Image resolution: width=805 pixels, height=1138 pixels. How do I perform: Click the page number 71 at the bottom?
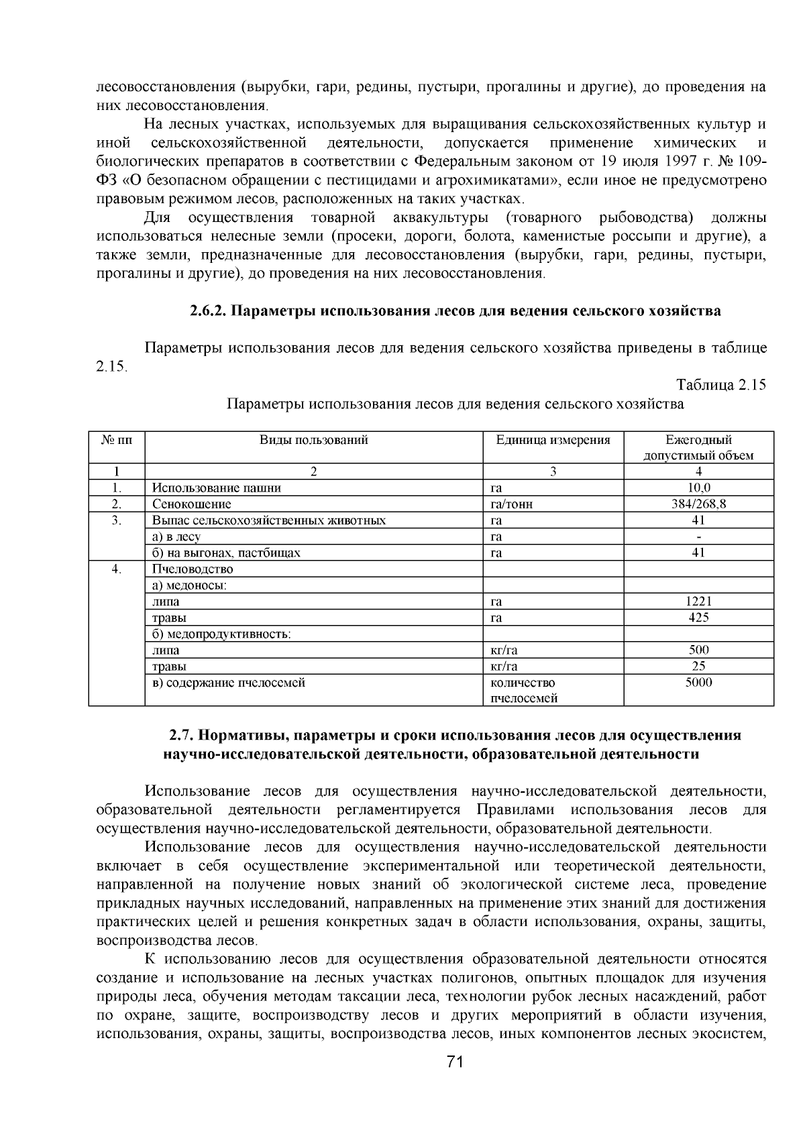point(455,1061)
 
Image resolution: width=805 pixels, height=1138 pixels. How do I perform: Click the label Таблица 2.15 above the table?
point(720,385)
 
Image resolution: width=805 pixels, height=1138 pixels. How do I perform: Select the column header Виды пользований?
point(314,441)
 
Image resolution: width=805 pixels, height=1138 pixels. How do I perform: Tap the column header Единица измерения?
point(553,441)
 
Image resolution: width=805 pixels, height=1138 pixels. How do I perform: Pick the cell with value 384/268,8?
point(698,504)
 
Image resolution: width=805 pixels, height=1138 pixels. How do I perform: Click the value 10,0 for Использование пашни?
point(698,488)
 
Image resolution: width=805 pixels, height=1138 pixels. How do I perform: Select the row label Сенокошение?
point(192,504)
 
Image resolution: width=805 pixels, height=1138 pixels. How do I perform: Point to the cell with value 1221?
point(698,602)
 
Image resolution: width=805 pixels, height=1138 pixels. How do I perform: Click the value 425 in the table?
point(698,618)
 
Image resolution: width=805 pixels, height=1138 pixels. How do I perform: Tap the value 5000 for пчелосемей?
point(698,683)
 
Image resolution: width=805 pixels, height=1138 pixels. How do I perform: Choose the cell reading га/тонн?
point(512,504)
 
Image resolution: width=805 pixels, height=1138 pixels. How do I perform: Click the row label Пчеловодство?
point(193,569)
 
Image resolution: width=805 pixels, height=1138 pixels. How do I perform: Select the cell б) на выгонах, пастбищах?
point(226,553)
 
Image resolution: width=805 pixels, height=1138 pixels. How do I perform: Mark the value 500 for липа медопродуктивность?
point(698,650)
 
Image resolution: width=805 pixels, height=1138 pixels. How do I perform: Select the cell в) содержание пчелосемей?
point(229,683)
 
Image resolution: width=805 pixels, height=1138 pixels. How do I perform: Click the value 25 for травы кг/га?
point(698,667)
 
